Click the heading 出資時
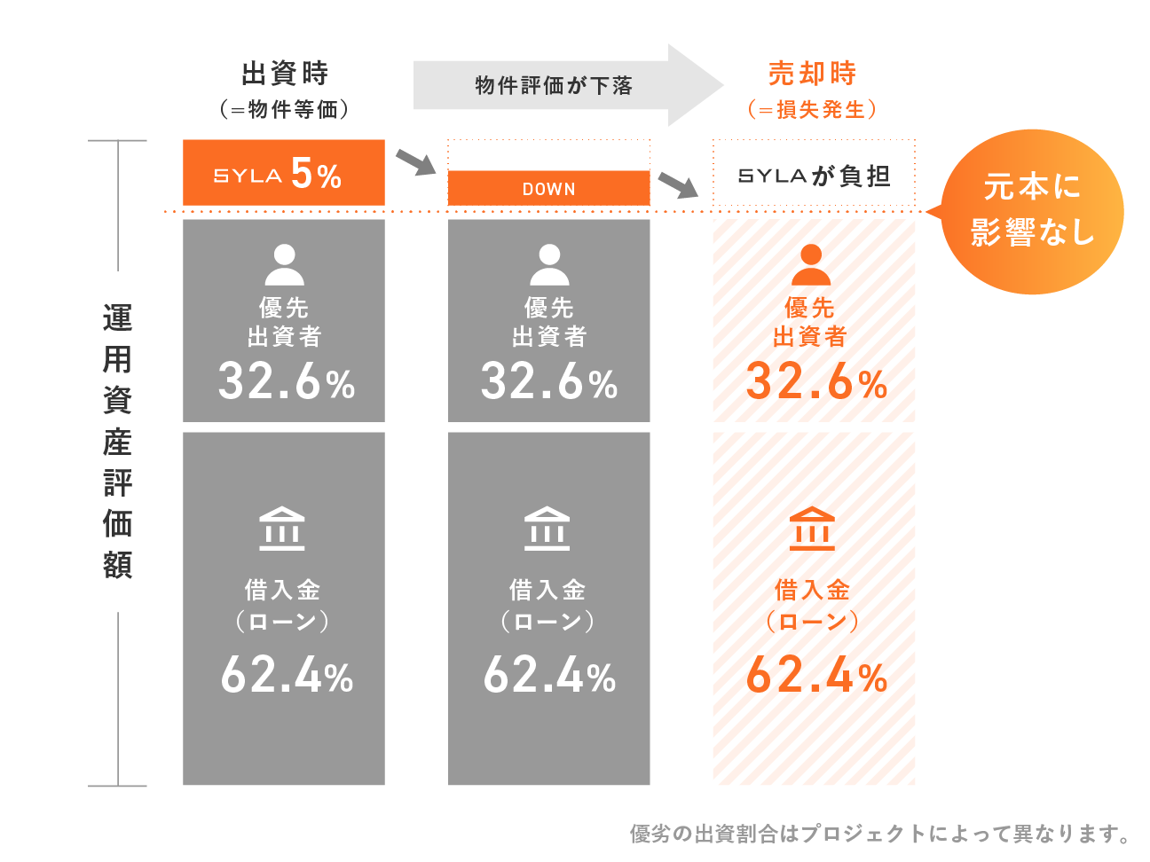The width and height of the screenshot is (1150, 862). (284, 73)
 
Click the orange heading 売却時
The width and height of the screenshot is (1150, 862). (812, 73)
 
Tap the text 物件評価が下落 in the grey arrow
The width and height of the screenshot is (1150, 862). (554, 85)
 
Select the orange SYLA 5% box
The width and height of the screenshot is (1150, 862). (283, 173)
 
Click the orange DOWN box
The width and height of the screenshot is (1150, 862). (548, 188)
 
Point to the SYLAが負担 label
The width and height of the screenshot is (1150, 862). (814, 176)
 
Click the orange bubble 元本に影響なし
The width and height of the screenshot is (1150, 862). (1032, 211)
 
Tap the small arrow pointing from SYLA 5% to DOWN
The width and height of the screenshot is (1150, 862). (415, 161)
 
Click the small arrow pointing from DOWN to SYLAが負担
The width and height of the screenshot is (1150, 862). (679, 184)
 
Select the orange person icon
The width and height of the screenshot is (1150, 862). (810, 264)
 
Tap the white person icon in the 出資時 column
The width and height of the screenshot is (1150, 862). (284, 264)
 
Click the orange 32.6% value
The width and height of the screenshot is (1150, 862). (815, 382)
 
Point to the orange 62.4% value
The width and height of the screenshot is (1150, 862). (815, 676)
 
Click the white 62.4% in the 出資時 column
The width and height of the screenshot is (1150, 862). (287, 676)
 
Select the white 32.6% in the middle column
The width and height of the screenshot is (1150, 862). (548, 382)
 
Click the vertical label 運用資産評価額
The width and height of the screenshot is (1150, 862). (117, 441)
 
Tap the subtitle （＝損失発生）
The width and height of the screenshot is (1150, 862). (812, 109)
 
